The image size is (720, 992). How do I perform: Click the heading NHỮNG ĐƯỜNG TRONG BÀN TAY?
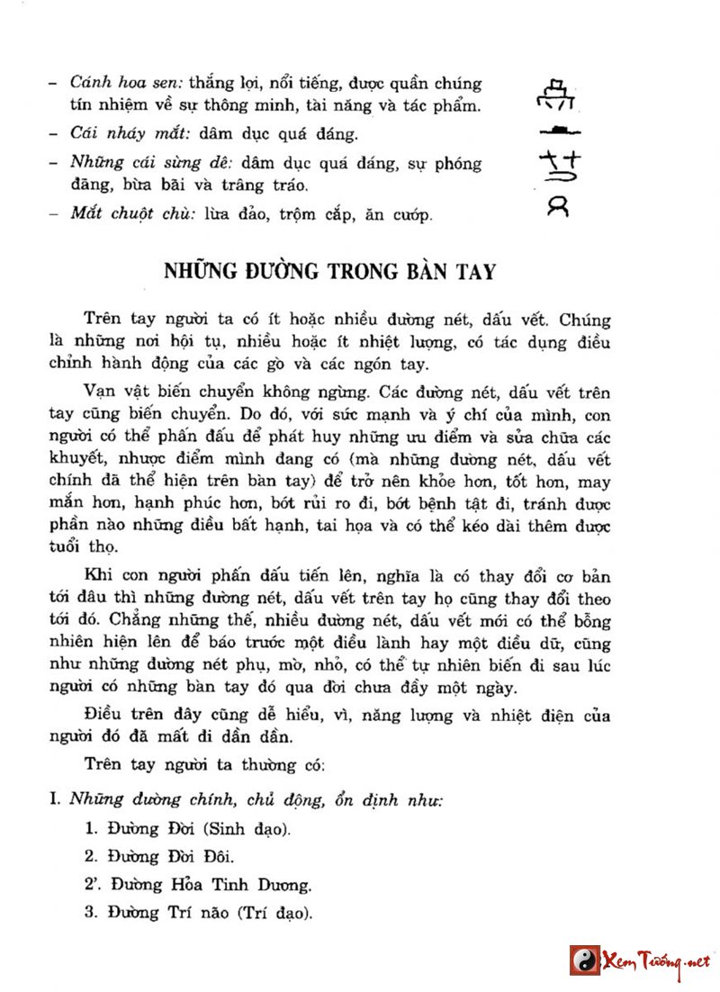pyautogui.click(x=329, y=271)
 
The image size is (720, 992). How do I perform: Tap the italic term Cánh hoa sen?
pyautogui.click(x=107, y=84)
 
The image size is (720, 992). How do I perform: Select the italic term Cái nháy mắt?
pyautogui.click(x=110, y=134)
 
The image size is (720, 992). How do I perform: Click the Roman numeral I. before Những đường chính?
pyautogui.click(x=55, y=799)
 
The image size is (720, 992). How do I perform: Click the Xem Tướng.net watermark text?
pyautogui.click(x=653, y=960)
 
